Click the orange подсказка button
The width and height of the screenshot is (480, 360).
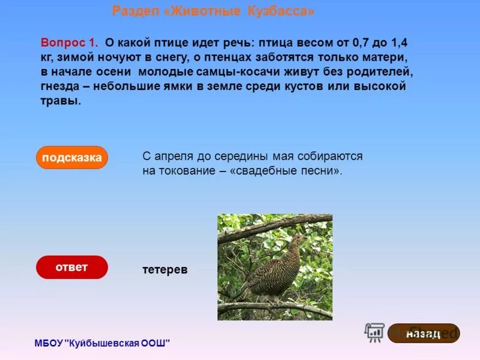[x=72, y=158]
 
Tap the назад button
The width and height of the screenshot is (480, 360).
[x=424, y=333]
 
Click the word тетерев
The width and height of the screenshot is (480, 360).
[x=165, y=270]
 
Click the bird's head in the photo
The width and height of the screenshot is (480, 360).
[x=298, y=239]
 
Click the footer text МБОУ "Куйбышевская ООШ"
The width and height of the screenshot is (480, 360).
[x=102, y=343]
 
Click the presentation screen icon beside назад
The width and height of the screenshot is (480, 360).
[x=375, y=332]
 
